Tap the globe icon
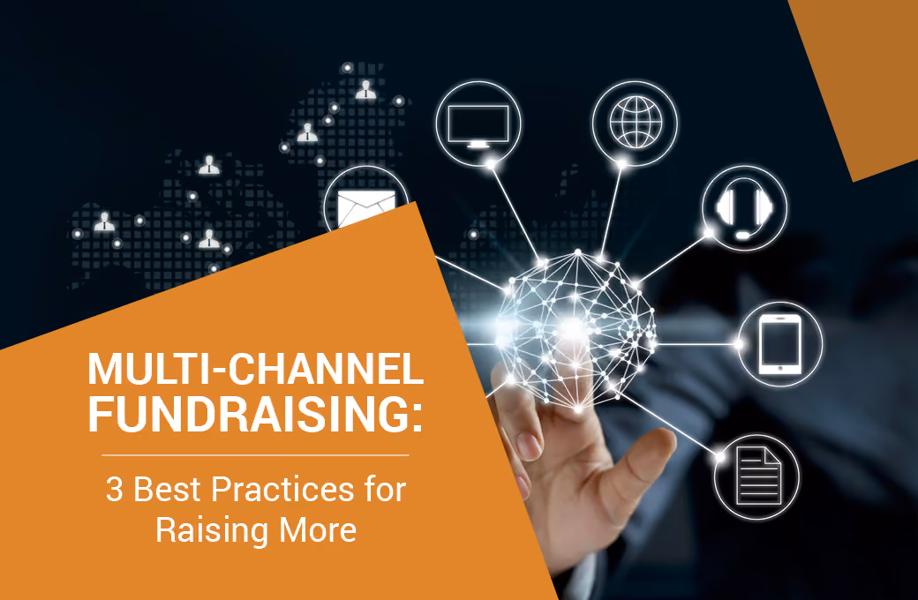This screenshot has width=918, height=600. point(636,123)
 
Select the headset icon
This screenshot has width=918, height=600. point(744,208)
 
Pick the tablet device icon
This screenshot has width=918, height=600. point(779,344)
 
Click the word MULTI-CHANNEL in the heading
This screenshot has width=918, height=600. point(255,369)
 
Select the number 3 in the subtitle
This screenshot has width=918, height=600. point(114,490)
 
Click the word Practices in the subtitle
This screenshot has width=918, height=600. point(282,489)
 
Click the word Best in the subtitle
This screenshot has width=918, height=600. point(167,490)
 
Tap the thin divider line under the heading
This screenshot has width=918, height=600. point(255,454)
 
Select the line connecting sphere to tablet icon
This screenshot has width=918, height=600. point(696,344)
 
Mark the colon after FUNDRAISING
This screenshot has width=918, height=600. point(417,416)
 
